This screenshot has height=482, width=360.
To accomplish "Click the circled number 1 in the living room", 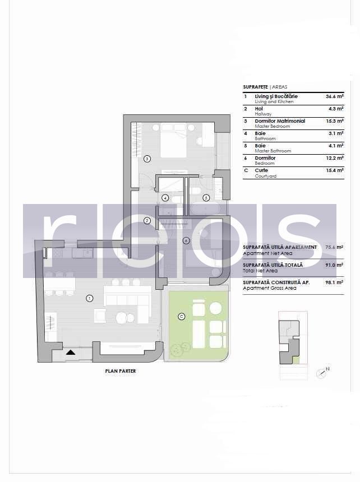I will [89, 298].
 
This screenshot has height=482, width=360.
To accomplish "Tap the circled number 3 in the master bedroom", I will [147, 159].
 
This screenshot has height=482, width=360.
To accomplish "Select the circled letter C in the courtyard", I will [181, 317].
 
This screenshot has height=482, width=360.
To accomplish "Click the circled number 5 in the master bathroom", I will [206, 197].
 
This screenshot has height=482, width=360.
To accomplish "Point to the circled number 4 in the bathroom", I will [165, 198].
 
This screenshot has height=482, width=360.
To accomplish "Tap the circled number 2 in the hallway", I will [147, 221].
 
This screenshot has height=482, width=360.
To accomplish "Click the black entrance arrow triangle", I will [71, 353].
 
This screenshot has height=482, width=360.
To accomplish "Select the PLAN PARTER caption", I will [121, 371].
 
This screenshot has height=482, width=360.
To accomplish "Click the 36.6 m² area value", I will [335, 96].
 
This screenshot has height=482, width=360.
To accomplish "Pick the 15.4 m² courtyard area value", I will [335, 170].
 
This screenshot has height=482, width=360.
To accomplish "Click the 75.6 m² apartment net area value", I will [335, 247].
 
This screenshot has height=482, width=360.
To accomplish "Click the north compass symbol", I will [322, 373].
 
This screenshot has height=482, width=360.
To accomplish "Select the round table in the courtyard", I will [216, 308].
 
